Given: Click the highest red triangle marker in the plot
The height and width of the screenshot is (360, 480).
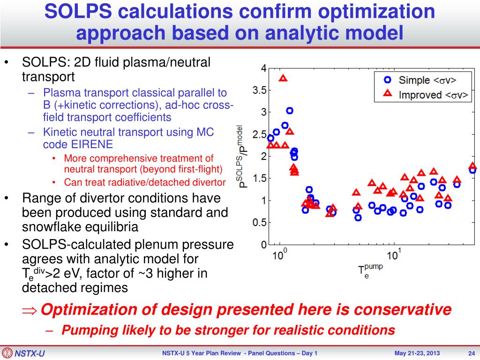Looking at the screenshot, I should click(283, 78).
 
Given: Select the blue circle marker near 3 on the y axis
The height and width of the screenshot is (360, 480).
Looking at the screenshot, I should click(290, 111).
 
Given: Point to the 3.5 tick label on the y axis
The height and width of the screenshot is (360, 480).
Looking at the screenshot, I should click(259, 90).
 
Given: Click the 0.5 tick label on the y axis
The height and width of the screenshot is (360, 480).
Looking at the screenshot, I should click(259, 223).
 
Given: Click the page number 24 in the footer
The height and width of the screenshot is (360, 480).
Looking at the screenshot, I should click(472, 353).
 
